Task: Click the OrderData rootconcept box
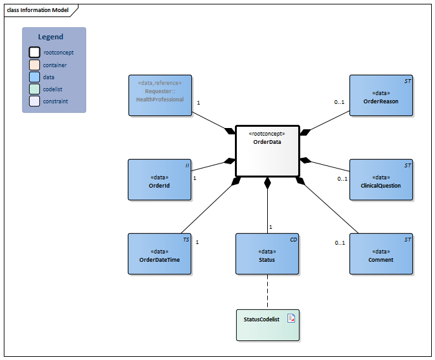click(267, 151)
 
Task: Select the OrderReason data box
click(381, 96)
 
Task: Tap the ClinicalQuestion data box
click(381, 179)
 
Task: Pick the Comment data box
click(381, 254)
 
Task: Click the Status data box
click(267, 254)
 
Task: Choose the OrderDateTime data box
click(160, 254)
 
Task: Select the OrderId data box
click(160, 179)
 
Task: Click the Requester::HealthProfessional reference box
click(160, 96)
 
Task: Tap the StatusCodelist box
click(267, 323)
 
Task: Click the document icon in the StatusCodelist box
click(291, 318)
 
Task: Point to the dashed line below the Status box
click(267, 290)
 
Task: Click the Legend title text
click(51, 37)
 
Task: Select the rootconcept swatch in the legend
click(34, 53)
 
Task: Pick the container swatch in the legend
click(34, 65)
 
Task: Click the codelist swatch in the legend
click(34, 89)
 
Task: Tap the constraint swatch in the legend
click(34, 101)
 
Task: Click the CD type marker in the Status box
click(293, 240)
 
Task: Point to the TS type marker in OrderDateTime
click(186, 240)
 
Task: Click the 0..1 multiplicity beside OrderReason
click(339, 102)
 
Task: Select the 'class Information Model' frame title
click(38, 10)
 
